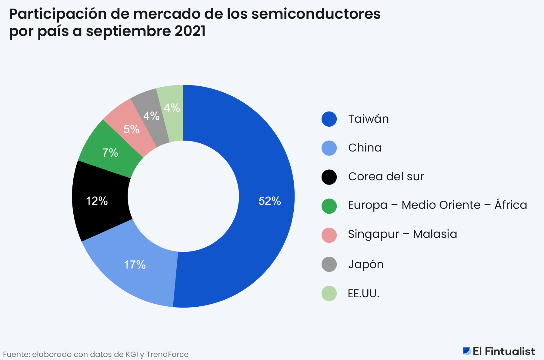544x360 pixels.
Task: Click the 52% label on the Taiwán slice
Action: point(269,201)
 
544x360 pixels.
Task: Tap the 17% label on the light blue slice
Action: point(135,265)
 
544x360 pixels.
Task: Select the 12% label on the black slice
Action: point(97,201)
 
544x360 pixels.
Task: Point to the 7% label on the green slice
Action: point(110,153)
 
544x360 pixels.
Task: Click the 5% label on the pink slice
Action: point(131,129)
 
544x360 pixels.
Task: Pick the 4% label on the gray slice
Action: point(151,116)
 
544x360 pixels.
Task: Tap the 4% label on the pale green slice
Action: point(172,108)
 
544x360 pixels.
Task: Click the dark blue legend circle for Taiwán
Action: point(329,119)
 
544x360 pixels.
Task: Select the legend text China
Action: point(365,148)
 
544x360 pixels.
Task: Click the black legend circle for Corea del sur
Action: point(329,177)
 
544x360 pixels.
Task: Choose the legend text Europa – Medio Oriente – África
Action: point(437,205)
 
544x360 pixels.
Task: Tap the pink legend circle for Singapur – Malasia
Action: point(329,235)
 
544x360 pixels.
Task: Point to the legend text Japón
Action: point(366,264)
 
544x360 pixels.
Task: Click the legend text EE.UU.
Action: point(363,294)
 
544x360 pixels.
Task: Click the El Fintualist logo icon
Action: point(467,351)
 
